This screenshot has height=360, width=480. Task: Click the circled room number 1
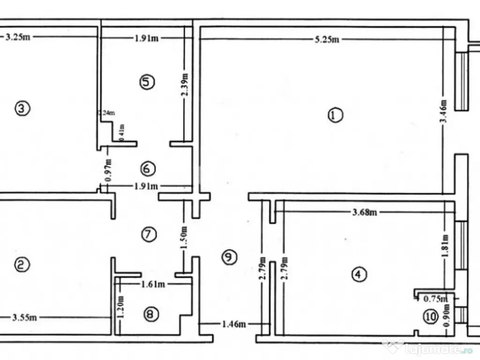click(335, 115)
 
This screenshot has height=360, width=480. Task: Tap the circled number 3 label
click(22, 109)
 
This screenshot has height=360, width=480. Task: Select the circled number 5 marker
click(147, 82)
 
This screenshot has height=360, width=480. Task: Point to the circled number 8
click(150, 315)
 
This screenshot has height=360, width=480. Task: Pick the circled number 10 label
click(430, 317)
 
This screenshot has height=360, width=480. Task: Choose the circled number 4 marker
click(359, 274)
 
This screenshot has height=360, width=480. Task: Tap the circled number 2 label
click(22, 265)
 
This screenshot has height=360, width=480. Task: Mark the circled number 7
click(148, 234)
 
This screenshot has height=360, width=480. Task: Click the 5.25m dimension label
click(327, 39)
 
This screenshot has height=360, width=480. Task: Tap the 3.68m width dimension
click(365, 212)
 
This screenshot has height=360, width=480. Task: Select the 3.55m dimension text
click(24, 318)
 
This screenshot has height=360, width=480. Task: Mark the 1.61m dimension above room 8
click(153, 284)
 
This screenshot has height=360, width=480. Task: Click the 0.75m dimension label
click(435, 298)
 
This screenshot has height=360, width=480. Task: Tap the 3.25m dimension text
click(18, 37)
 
